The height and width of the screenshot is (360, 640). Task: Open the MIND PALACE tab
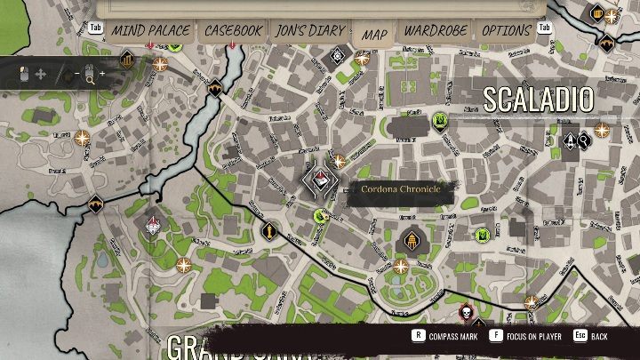point(150,30)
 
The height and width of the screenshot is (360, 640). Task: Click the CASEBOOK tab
point(233,30)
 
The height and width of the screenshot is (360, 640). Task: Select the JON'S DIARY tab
point(309,30)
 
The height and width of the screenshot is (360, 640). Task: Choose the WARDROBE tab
point(436,30)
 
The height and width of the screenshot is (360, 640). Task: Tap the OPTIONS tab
point(506,30)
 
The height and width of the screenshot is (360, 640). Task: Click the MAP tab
point(374,34)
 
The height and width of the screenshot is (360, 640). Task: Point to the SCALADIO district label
point(537,100)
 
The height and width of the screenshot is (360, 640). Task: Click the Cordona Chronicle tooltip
point(394,189)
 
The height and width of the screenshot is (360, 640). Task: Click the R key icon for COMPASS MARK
point(417,336)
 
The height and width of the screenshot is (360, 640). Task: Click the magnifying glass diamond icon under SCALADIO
point(583,140)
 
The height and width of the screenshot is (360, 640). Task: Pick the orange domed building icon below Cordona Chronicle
point(411,239)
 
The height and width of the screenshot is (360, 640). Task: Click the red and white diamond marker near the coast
point(154,224)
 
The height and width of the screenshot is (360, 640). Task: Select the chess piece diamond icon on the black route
point(268,231)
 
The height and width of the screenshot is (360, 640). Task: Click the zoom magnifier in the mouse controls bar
point(89,78)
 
